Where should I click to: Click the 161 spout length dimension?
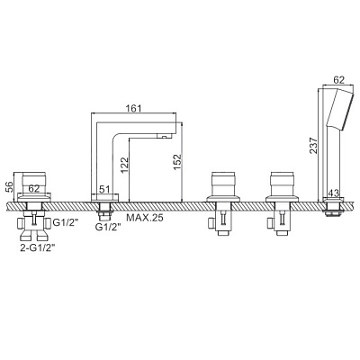tap(133, 108)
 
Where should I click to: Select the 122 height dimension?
tap(124, 166)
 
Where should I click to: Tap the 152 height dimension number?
tap(177, 162)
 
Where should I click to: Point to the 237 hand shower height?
tap(313, 146)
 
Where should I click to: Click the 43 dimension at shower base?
tap(335, 193)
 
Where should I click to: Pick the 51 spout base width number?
tap(104, 190)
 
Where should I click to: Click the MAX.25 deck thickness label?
tap(145, 217)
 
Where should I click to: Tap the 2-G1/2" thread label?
tap(38, 247)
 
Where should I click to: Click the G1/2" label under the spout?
tap(108, 227)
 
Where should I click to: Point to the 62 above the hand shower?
tap(338, 80)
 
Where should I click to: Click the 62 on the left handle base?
tap(34, 189)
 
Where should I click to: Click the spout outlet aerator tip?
tap(164, 137)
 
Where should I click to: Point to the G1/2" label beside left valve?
tap(66, 222)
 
